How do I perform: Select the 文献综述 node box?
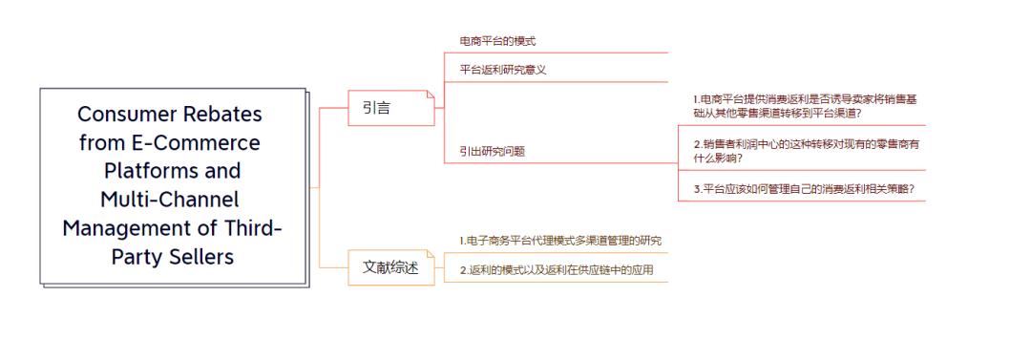point(390,266)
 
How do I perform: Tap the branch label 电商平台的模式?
point(497,41)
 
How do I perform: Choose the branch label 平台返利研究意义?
point(503,69)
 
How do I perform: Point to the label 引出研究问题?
point(492,151)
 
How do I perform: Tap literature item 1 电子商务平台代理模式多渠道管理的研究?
point(559,241)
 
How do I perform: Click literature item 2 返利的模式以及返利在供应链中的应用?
point(556,270)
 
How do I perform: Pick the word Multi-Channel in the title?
point(169,200)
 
